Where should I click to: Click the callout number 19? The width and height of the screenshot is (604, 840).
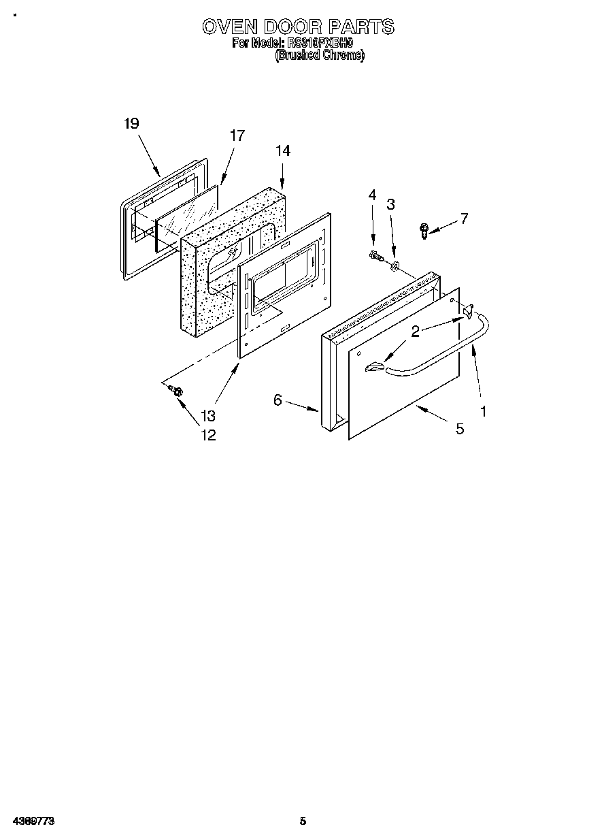pos(131,123)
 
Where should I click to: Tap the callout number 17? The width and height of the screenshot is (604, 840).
pos(236,135)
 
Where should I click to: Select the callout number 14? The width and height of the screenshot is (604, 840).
pos(283,151)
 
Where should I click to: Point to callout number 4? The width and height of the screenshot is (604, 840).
pos(372,195)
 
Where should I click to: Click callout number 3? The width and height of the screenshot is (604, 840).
pos(390,204)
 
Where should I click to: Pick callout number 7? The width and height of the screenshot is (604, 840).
pos(464,219)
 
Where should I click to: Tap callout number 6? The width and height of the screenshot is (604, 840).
pos(278,400)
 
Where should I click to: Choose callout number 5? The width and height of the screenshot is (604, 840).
pos(460,429)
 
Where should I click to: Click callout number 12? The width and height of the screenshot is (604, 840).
pos(207,436)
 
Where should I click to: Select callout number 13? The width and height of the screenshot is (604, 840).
pos(207,416)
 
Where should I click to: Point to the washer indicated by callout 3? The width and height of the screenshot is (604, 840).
pos(395,262)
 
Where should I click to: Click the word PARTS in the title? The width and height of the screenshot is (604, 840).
pos(362,27)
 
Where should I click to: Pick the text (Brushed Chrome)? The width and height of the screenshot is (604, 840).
pos(319,56)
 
